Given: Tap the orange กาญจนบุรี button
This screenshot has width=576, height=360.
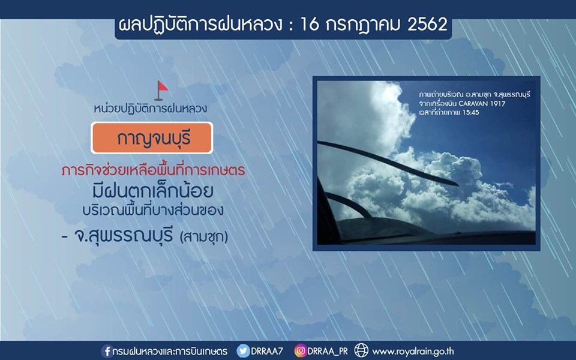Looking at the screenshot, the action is [x=152, y=138].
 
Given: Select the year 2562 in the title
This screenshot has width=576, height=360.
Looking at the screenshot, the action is [x=427, y=25].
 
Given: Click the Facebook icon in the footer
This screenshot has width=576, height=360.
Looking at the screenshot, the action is [x=107, y=351].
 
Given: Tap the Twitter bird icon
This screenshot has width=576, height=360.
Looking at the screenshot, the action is [x=243, y=350].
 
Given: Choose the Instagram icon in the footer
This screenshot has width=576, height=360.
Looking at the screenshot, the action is [x=300, y=350].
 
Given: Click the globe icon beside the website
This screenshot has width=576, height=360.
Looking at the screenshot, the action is [x=361, y=350].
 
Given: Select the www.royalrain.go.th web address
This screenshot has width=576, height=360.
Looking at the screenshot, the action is [x=413, y=352].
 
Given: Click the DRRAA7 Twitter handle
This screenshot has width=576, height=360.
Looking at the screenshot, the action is [x=267, y=351].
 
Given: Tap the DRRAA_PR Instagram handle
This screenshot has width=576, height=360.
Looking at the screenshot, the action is [x=328, y=352].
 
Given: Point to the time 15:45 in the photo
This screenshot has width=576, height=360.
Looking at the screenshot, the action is [x=470, y=112].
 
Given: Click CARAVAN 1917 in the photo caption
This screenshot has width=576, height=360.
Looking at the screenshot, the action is [x=482, y=104].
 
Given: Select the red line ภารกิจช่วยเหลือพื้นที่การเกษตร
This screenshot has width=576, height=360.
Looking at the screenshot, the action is [x=153, y=170].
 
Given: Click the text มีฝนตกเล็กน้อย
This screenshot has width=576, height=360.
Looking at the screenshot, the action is [x=153, y=191].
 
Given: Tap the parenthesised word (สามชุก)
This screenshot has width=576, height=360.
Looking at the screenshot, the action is [x=204, y=237].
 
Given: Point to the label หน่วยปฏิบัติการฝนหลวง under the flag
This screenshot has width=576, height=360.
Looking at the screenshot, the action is [x=150, y=109].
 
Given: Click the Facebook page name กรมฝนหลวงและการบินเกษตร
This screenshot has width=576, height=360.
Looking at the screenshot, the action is [x=170, y=352].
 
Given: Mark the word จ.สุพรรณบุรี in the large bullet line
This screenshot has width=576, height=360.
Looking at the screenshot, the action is [x=123, y=236].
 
